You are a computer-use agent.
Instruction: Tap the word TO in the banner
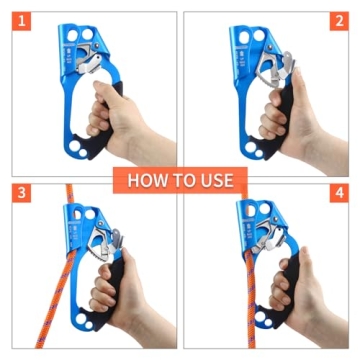point(186,181)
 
